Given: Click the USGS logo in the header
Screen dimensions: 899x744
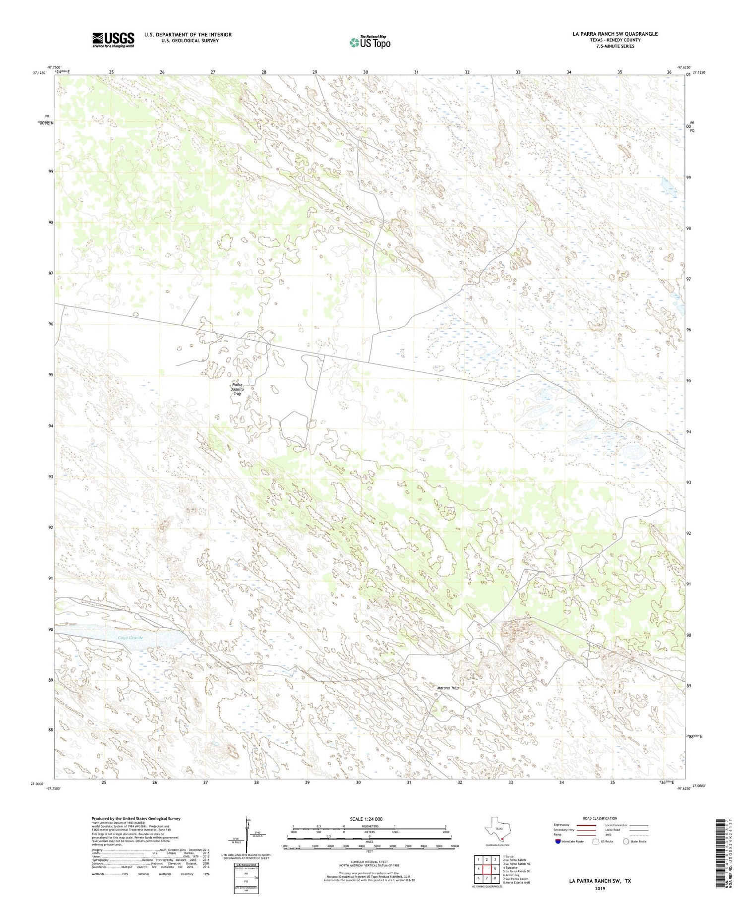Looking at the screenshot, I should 113,40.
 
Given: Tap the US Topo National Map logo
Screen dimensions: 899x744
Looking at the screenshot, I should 370,42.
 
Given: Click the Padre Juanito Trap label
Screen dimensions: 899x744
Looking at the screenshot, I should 237,389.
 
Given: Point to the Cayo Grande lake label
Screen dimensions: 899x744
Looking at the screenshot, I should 130,638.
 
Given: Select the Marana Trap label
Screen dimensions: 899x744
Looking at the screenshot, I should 447,688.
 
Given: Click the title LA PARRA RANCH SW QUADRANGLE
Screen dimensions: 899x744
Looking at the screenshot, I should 615,34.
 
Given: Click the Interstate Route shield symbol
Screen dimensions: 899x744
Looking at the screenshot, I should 558,841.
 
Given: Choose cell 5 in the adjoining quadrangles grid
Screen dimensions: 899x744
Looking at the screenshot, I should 495,869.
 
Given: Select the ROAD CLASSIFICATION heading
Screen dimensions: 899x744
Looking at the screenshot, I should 600,818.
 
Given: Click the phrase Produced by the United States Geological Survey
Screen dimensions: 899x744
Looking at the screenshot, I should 136,819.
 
